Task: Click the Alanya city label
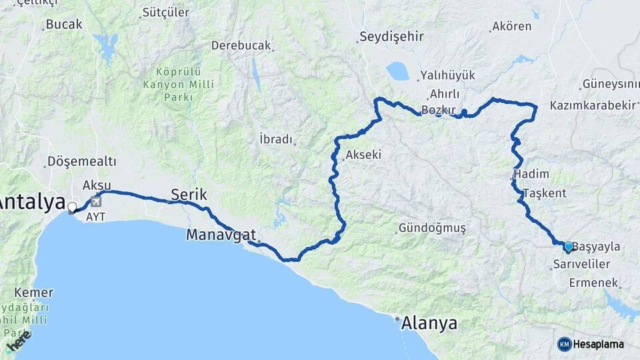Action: click(x=429, y=324)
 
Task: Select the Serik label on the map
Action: click(x=189, y=195)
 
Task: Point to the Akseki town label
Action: click(x=363, y=155)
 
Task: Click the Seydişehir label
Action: click(x=391, y=36)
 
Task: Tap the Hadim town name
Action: click(x=533, y=174)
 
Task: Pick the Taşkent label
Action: click(x=545, y=193)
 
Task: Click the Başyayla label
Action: click(x=597, y=247)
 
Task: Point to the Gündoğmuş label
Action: click(x=432, y=228)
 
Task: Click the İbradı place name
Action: click(x=275, y=139)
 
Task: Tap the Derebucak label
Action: click(x=241, y=45)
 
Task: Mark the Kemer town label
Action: click(x=33, y=293)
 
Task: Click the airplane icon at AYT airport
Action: click(x=97, y=201)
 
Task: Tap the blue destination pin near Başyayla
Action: click(x=568, y=247)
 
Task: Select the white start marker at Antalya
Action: click(x=71, y=207)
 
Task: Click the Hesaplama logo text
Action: click(x=598, y=344)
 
